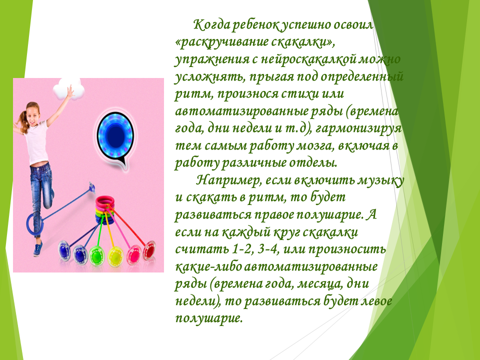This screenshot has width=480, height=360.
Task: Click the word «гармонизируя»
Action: (358, 128)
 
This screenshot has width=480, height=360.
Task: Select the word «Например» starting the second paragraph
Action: (228, 180)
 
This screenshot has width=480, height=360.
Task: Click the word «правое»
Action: (272, 215)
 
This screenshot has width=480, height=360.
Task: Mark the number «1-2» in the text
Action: (241, 249)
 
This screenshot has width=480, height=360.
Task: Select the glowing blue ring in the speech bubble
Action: (115, 134)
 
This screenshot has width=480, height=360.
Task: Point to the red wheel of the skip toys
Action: (149, 249)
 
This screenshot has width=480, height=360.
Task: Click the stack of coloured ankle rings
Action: (105, 210)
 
